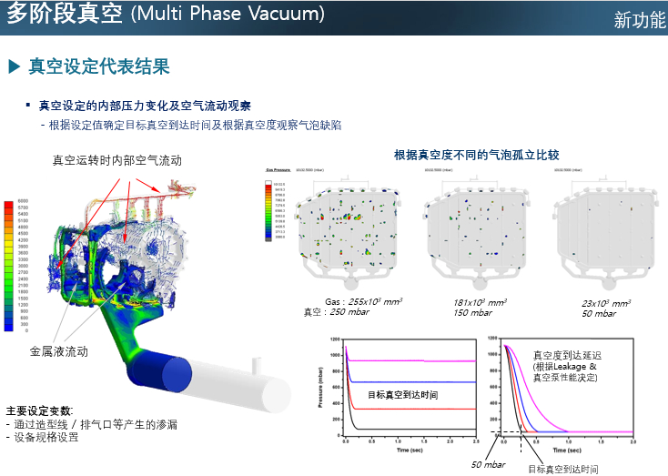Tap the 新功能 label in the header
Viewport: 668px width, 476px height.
click(x=639, y=20)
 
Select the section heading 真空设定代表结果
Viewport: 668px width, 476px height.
click(x=99, y=66)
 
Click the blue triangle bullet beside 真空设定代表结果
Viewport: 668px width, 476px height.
click(x=14, y=66)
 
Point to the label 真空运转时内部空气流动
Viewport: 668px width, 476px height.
click(x=116, y=160)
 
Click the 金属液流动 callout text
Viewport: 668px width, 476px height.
click(x=59, y=350)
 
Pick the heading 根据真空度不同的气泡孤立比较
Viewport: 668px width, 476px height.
click(x=476, y=156)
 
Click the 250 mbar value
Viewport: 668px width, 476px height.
click(x=349, y=312)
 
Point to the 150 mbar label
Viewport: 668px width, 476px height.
click(x=472, y=312)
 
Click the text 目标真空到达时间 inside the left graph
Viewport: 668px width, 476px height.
click(x=403, y=394)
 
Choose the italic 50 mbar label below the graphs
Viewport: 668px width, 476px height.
click(x=488, y=464)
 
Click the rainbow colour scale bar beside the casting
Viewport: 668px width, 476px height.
click(x=9, y=264)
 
